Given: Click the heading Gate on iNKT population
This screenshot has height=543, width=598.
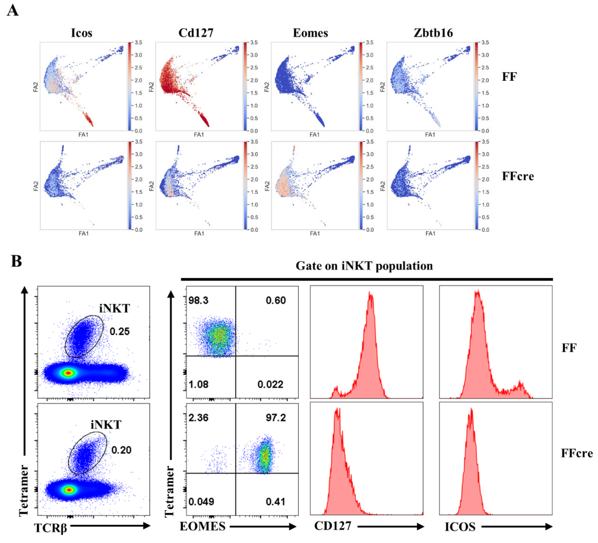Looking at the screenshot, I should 364,266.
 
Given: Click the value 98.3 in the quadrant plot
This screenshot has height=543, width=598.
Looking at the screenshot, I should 198,300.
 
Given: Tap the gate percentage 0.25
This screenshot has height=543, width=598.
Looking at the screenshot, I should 120,331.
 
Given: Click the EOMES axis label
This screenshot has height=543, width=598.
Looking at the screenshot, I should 203,526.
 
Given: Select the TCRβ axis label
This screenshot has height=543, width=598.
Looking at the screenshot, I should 50,528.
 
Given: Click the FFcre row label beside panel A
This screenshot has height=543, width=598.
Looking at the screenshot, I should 518,176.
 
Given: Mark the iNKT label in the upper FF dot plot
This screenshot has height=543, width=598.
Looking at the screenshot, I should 114,308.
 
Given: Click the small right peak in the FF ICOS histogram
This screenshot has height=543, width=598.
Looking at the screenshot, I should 520,385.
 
